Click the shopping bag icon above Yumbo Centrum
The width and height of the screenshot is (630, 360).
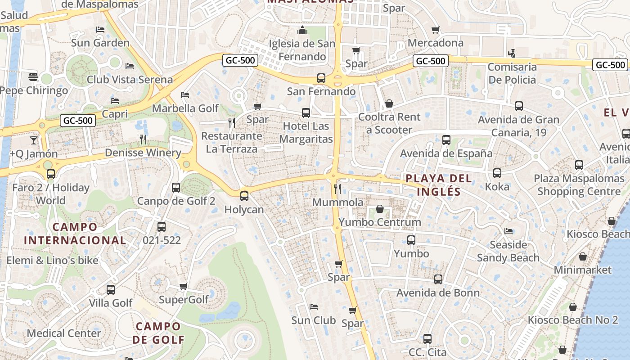[x=380, y=209]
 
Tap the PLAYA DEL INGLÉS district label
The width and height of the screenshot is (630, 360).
[x=438, y=185]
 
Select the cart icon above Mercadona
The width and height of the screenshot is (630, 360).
[x=435, y=30]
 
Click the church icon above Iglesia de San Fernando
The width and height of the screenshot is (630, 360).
[x=302, y=31]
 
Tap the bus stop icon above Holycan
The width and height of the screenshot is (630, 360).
[x=244, y=196]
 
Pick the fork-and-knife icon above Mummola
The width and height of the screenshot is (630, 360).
[x=337, y=189]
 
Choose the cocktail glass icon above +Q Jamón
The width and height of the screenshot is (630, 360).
[x=34, y=140]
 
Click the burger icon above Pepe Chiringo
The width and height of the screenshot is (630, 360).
[x=33, y=76]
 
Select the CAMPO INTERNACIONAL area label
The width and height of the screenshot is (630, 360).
[x=74, y=234]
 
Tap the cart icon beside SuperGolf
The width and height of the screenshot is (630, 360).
[x=183, y=286]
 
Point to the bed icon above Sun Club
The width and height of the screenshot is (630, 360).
[x=314, y=307]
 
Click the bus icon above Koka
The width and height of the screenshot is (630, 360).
[x=497, y=173]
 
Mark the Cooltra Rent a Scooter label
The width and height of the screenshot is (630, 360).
[x=389, y=123]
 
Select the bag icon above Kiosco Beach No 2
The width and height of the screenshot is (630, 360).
[x=572, y=307]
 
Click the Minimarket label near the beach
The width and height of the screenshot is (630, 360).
[x=582, y=270]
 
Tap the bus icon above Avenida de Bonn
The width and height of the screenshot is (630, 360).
[x=438, y=279]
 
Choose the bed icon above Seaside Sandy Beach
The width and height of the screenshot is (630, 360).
[x=508, y=231]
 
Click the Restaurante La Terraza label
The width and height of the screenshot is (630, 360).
[x=232, y=142]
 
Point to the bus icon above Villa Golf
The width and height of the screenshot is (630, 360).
[x=111, y=289]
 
